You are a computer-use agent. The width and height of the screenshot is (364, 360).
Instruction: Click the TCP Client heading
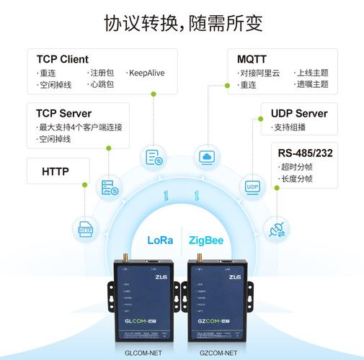[63, 59]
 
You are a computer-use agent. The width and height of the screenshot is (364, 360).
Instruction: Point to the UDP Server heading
[299, 114]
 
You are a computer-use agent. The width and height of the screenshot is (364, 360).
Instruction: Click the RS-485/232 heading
[306, 153]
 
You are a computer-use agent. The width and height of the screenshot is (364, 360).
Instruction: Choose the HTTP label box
[56, 171]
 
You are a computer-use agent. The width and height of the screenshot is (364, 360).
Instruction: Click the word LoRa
[160, 240]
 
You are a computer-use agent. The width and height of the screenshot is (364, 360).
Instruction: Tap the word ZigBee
[205, 240]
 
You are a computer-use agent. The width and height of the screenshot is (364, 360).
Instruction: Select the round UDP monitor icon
[252, 186]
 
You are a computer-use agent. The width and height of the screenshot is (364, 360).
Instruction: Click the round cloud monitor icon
[208, 157]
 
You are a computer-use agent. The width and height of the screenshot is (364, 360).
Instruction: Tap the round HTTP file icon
[86, 230]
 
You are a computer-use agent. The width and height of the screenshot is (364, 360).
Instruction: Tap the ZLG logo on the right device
[235, 276]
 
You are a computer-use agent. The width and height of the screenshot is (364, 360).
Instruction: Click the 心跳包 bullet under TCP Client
[102, 85]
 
